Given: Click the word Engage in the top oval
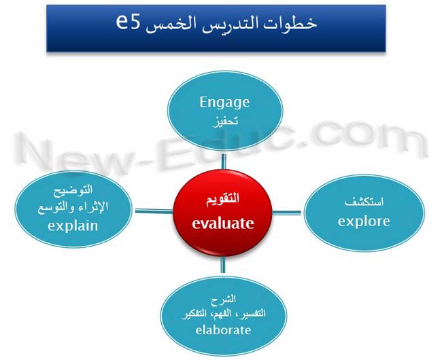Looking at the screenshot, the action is pyautogui.click(x=224, y=103).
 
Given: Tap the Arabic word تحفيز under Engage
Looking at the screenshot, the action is pyautogui.click(x=225, y=122).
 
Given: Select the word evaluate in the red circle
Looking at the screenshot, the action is pyautogui.click(x=223, y=223).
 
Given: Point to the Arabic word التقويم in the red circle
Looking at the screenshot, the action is pyautogui.click(x=222, y=199).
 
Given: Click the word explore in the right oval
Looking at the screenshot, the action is pyautogui.click(x=364, y=221).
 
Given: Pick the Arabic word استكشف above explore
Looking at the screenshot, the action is pyautogui.click(x=364, y=202).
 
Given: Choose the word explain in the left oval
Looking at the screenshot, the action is pyautogui.click(x=73, y=226).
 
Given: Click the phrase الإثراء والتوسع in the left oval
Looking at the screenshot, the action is pyautogui.click(x=73, y=208).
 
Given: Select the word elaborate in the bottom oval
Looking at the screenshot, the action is pyautogui.click(x=223, y=330).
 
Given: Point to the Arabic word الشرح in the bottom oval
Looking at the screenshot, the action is pyautogui.click(x=223, y=300).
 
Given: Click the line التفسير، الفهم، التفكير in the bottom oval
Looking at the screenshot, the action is pyautogui.click(x=224, y=314).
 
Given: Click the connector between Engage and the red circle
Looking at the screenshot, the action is pyautogui.click(x=224, y=162).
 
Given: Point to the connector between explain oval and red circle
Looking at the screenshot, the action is pyautogui.click(x=154, y=211).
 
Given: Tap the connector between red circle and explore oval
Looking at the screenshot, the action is pyautogui.click(x=287, y=213).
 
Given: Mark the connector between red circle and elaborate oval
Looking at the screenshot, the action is pyautogui.click(x=223, y=265).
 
